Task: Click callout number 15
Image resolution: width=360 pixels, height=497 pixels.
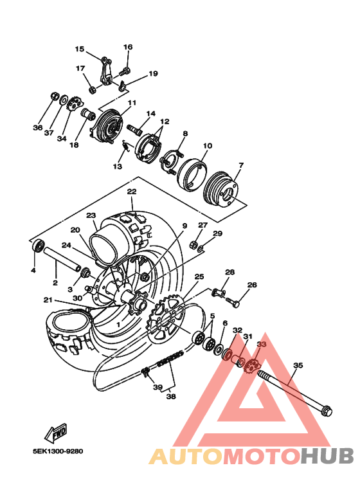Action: click(80, 49)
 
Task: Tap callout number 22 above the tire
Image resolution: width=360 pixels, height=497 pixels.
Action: click(131, 192)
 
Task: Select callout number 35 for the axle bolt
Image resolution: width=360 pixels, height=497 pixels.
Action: click(298, 365)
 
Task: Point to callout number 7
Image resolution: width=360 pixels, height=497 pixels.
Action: click(240, 165)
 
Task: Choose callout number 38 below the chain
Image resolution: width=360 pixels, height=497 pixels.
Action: click(170, 397)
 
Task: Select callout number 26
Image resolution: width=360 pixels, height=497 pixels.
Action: click(252, 285)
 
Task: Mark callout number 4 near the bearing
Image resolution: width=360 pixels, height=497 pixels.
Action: click(32, 270)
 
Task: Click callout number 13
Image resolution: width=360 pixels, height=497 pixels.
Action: click(117, 167)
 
